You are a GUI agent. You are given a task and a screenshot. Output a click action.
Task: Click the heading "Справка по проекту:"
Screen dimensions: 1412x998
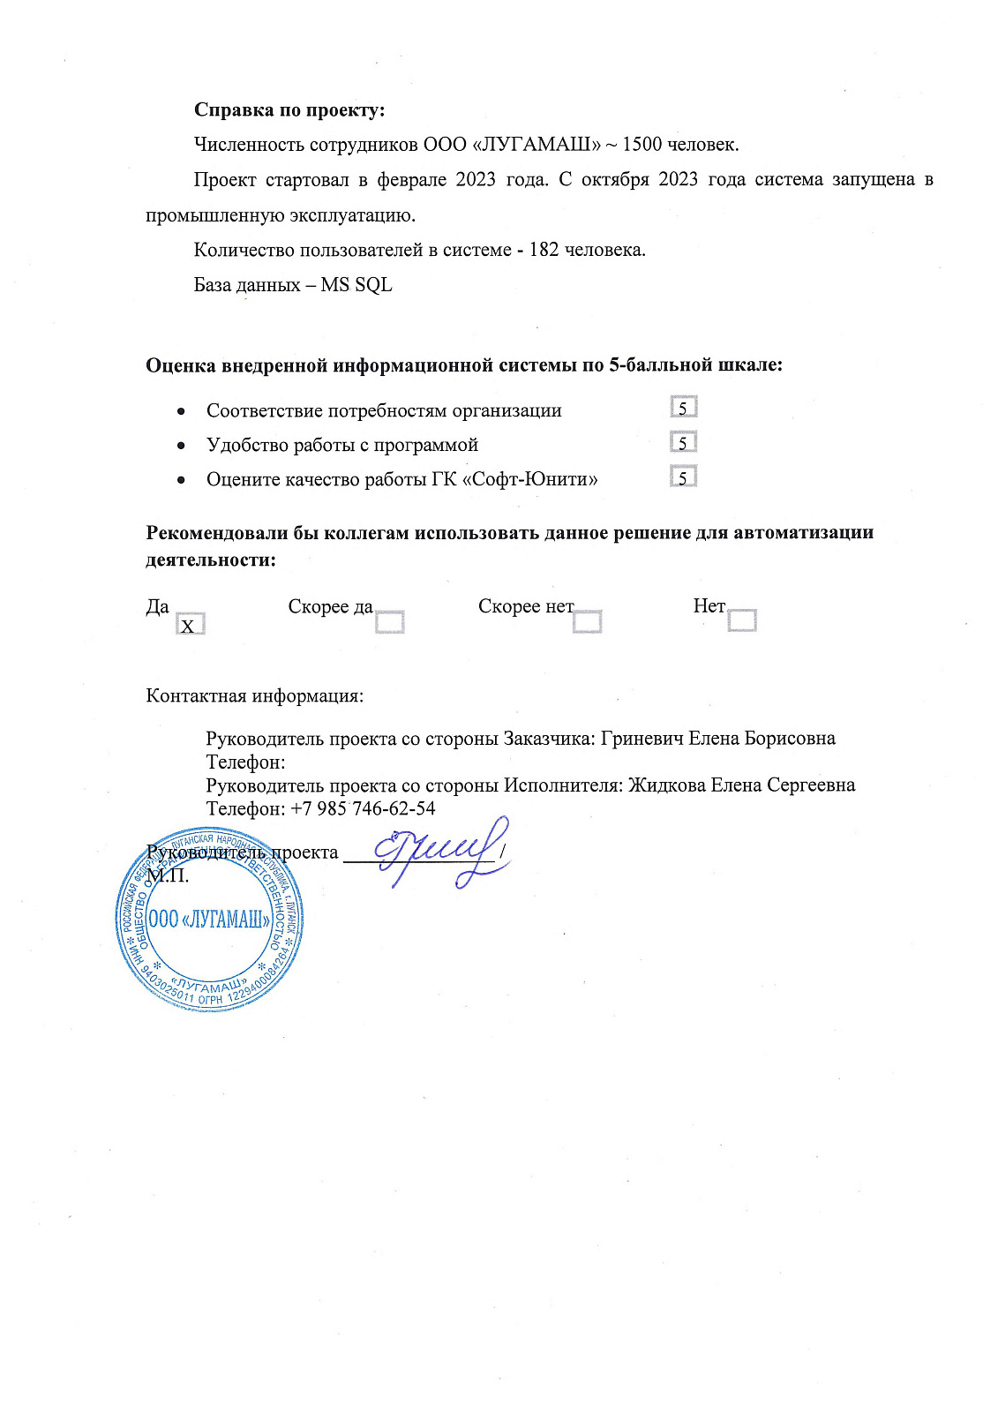point(289,110)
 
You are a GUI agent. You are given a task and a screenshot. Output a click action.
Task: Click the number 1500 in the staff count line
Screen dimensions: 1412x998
point(642,145)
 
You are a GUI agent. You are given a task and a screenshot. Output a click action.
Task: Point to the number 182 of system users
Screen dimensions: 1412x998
point(544,250)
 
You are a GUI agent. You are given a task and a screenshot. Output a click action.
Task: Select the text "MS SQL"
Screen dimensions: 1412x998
point(356,285)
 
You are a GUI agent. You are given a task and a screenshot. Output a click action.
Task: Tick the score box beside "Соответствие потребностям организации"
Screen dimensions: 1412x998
point(683,408)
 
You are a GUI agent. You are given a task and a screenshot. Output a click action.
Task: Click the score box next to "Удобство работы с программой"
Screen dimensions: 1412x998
point(683,442)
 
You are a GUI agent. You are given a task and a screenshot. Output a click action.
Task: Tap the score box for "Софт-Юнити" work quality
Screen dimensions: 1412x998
point(683,477)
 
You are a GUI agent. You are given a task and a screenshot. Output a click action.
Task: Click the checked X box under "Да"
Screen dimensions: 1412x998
point(190,625)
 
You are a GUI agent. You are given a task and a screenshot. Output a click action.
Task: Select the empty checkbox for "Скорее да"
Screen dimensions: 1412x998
point(389,622)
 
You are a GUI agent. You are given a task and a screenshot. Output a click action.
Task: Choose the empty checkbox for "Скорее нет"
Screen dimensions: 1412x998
point(587,622)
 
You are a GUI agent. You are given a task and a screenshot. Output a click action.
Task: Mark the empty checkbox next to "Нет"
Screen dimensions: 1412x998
point(742,620)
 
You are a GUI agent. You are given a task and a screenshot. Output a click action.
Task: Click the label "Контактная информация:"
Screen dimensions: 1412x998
point(254,695)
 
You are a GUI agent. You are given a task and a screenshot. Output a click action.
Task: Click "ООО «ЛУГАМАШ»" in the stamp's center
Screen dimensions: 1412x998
point(209,920)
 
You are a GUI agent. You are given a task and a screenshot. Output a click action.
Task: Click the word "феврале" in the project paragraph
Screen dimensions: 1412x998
point(411,179)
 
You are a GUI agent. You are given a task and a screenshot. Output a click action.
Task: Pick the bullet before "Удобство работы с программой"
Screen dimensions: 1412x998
point(180,446)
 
